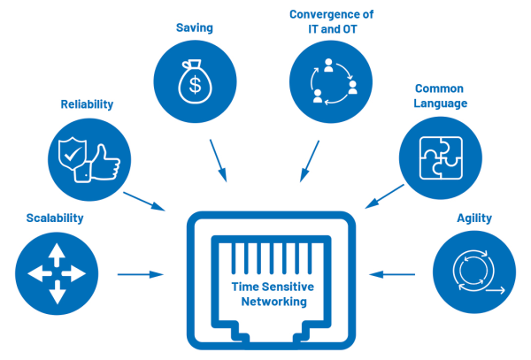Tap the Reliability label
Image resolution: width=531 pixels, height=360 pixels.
coord(87,104)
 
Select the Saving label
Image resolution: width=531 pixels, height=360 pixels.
coord(193,27)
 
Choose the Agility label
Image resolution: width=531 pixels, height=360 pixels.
coord(474,218)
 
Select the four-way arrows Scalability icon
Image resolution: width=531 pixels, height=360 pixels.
coord(54,274)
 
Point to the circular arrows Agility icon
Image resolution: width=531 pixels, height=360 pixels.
coord(475,274)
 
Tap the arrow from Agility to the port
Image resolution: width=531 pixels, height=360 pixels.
coord(391,274)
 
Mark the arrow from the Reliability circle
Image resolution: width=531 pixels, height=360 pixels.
coord(145,200)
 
